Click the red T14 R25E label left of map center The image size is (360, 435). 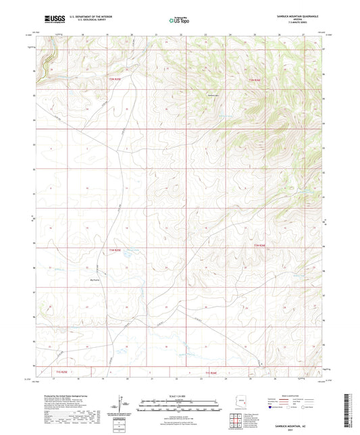(115, 251)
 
